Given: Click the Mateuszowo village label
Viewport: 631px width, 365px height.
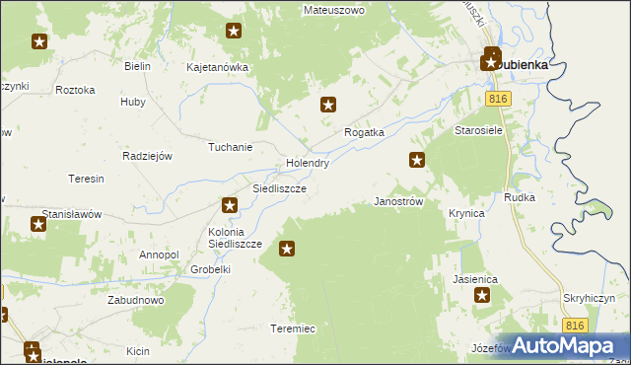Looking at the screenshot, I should click(334, 10).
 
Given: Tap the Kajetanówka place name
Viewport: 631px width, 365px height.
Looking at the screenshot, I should click(217, 67).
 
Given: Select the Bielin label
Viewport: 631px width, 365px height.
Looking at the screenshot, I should click(137, 66).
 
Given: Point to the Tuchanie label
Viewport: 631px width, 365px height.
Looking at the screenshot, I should click(230, 147).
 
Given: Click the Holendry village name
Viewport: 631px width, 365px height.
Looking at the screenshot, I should click(307, 163).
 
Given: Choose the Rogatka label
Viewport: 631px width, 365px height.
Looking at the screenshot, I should click(363, 131).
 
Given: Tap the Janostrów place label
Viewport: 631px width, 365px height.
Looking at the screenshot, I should click(398, 200).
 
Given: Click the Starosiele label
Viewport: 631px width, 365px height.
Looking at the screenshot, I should click(479, 129).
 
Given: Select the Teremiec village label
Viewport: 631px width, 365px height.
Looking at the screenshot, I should click(292, 328).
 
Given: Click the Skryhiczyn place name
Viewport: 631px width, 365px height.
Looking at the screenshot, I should click(591, 297).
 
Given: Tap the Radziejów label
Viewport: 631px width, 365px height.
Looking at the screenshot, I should click(147, 156).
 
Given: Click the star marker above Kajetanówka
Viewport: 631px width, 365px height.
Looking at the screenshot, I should click(233, 31).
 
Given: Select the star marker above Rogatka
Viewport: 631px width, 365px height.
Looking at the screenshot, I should click(329, 104).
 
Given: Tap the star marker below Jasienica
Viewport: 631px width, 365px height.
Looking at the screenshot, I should click(482, 295).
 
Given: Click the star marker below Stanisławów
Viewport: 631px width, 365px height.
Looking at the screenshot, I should click(38, 224).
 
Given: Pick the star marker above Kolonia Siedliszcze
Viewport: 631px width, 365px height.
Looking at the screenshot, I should click(230, 205).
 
